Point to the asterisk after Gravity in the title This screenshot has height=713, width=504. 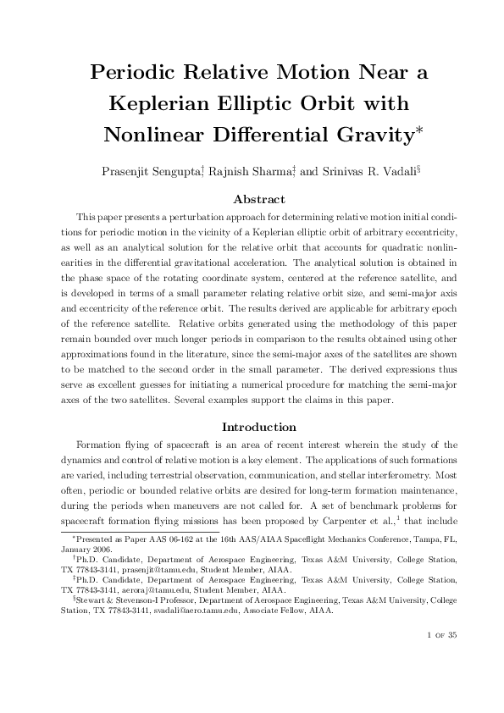(x=418, y=128)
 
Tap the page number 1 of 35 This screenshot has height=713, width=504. (x=441, y=658)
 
